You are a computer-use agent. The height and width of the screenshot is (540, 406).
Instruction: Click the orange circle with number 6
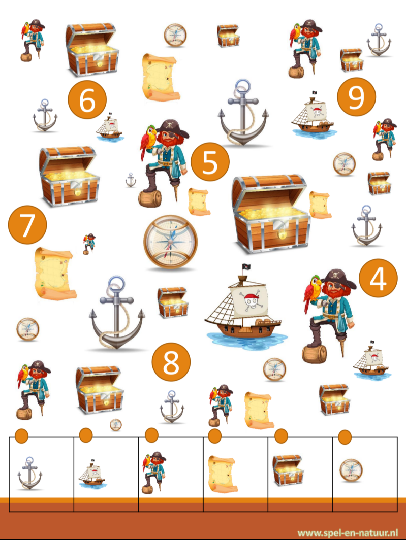[x=87, y=99]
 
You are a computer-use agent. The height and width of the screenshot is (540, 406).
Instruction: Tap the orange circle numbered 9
[x=356, y=97]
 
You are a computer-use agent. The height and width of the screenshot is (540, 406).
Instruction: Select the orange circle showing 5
[x=210, y=162]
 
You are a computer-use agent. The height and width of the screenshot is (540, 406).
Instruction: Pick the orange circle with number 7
[x=27, y=225]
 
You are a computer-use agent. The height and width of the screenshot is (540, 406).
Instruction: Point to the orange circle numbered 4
[x=378, y=278]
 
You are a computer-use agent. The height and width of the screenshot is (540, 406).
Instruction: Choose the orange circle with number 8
[x=171, y=362]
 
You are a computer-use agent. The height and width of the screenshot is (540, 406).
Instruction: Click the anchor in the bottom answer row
[x=30, y=473]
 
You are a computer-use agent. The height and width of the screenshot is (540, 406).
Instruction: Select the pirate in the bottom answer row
[x=154, y=473]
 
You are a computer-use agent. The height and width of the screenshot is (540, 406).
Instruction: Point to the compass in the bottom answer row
[x=351, y=470]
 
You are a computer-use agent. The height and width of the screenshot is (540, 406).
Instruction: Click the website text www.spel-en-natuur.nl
[x=348, y=533]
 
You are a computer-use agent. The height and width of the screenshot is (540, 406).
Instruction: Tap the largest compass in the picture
[x=170, y=242]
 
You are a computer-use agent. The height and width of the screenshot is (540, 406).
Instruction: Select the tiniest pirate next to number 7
[x=89, y=244]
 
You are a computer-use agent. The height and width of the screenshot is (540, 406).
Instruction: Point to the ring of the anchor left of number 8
[x=116, y=285]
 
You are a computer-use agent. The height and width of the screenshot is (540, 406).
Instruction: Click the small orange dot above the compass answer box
[x=345, y=437]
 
